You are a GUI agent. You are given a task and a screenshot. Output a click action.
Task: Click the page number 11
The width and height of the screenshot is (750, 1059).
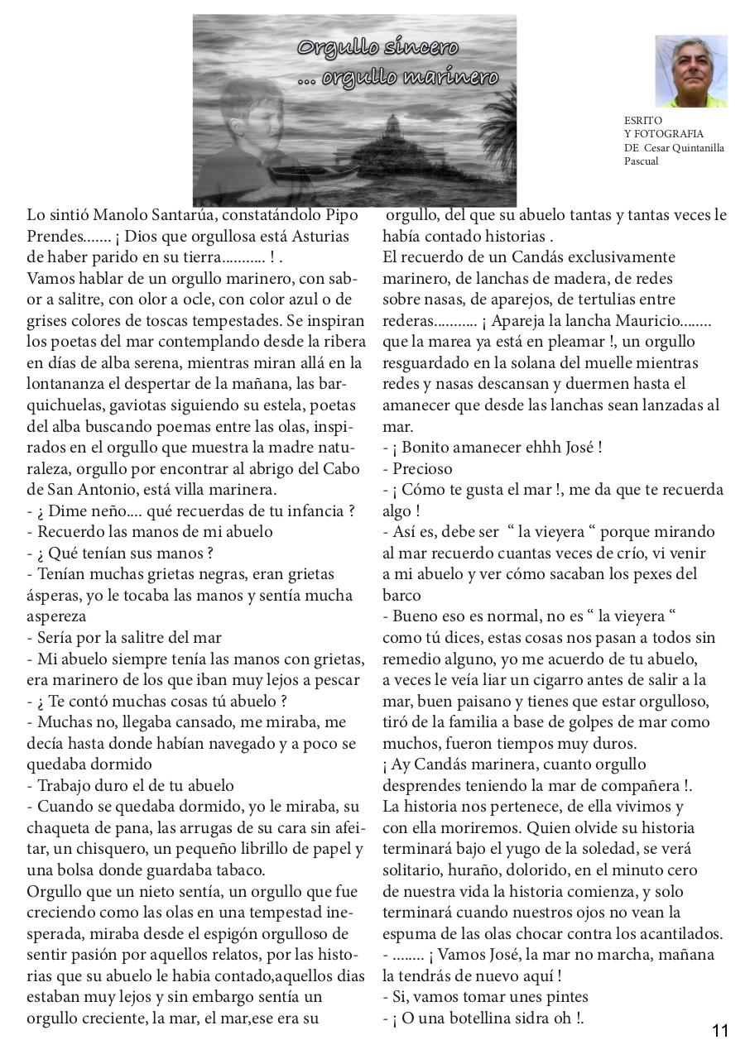pos(720,1031)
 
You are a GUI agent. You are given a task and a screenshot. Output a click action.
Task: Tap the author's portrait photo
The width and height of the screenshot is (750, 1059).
pos(691,71)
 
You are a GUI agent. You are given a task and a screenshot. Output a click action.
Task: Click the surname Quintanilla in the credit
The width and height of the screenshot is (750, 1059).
pos(695,147)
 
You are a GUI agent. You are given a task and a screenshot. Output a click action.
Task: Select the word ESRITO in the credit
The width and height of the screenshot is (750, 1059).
pos(643,120)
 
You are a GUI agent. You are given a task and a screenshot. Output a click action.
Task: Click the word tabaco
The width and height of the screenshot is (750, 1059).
pos(234,870)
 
